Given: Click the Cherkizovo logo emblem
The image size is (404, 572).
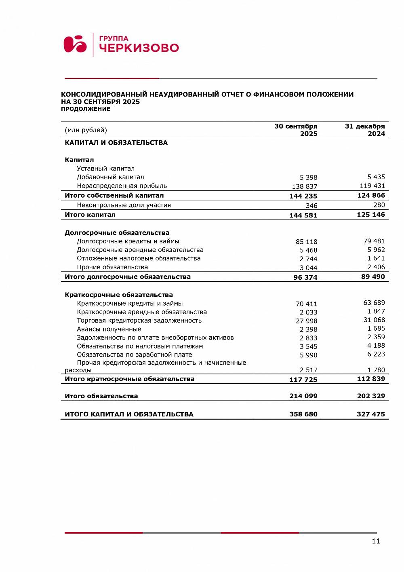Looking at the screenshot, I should tap(75, 44).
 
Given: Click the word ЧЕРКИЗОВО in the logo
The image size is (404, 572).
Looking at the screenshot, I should tap(139, 48).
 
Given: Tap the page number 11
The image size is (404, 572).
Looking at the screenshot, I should tap(376, 541).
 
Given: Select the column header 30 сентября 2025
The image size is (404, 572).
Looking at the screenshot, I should tap(296, 130).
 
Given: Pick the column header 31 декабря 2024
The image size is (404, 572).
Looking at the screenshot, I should tap(365, 130).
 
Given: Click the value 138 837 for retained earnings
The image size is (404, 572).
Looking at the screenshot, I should tap(305, 186).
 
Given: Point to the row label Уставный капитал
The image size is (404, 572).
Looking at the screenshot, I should tap(105, 169).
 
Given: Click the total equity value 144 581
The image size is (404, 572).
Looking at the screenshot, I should tap(303, 215).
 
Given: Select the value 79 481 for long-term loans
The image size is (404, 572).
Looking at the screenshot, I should tap(374, 241).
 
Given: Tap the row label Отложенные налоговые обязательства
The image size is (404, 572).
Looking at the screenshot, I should tap(139, 258).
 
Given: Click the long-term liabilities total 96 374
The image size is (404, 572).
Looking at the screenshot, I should tap(305, 277).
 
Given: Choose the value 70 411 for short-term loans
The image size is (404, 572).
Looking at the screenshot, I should tap(306, 304).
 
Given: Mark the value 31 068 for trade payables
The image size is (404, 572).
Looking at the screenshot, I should tap(374, 320).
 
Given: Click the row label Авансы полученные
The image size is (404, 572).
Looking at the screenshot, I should tap(109, 329).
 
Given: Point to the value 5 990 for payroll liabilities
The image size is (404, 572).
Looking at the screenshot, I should tap(308, 355).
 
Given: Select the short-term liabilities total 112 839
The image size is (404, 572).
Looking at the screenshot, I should tap(371, 379).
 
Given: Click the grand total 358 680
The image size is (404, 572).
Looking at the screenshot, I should tap(303, 414).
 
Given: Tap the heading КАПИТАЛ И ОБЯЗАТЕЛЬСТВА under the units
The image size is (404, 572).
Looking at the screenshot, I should tap(116, 143).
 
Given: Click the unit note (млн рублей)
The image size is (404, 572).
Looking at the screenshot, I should tap(86, 130).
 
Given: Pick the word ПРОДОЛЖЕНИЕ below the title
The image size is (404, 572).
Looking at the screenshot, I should tap(85, 109).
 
